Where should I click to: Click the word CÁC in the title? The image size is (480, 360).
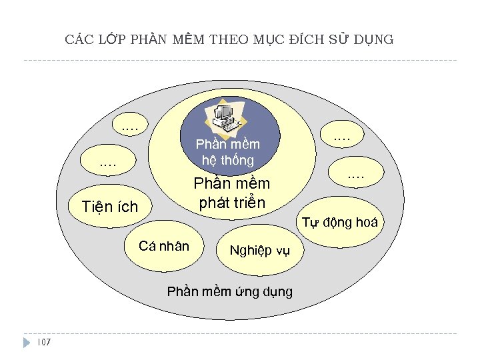tap(79, 39)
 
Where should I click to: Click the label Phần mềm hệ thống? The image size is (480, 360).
tap(228, 152)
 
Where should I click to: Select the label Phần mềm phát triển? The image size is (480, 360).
tap(231, 193)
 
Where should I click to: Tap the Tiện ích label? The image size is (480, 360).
tap(109, 207)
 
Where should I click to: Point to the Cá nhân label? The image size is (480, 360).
tap(164, 246)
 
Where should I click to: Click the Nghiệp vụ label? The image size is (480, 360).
tap(260, 251)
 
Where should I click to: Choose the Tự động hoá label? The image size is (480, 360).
tap(341, 223)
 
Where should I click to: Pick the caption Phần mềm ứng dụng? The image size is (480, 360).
tap(229, 291)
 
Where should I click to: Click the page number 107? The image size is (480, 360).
tap(45, 343)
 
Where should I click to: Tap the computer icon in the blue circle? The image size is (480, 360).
tap(225, 115)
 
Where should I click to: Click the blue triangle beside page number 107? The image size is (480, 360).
tap(27, 343)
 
